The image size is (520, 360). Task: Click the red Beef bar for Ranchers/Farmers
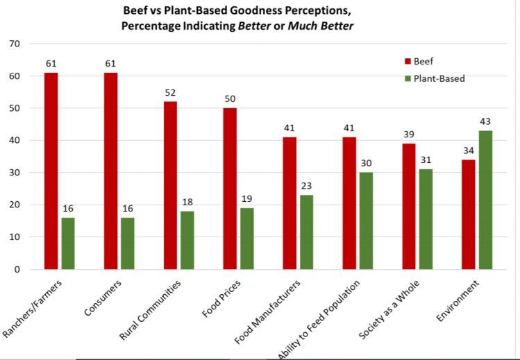51,171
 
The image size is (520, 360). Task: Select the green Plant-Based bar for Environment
485,200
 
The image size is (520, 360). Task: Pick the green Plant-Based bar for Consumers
127,243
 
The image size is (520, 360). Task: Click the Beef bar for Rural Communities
170,185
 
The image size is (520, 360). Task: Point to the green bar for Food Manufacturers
306,232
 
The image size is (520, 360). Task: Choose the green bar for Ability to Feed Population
366,221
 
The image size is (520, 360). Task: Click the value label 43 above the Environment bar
485,121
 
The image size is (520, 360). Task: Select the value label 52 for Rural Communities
170,92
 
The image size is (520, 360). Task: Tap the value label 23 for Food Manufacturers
306,186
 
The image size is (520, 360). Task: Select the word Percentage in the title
152,26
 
